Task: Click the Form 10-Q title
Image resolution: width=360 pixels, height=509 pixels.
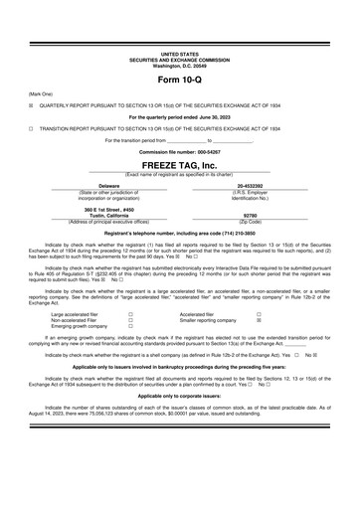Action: [x=179, y=78]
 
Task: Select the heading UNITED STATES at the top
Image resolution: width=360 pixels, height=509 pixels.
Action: [x=179, y=54]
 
